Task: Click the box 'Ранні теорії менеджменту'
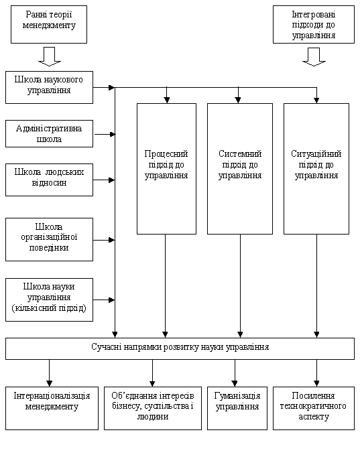coord(49,25)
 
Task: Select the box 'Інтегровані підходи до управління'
coord(314,25)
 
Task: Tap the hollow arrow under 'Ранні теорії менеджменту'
coord(50,56)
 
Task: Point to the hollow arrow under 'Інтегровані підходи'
coord(314,57)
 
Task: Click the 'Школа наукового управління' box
coord(50,87)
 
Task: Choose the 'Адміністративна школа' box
coord(50,134)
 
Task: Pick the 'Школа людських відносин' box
coord(50,180)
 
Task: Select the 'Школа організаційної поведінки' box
coord(50,239)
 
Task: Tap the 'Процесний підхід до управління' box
coord(166,169)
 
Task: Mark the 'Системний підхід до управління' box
coord(240,169)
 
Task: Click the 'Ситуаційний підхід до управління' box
coord(316,169)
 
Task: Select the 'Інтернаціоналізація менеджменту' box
coord(52,408)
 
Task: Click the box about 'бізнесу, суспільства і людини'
coord(153,408)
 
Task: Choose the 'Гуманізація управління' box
coord(237,408)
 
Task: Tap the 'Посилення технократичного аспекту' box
coord(314,408)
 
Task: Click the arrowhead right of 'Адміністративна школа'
coord(113,135)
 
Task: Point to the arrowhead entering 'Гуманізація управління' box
coord(235,383)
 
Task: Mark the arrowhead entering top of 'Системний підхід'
coord(239,100)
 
